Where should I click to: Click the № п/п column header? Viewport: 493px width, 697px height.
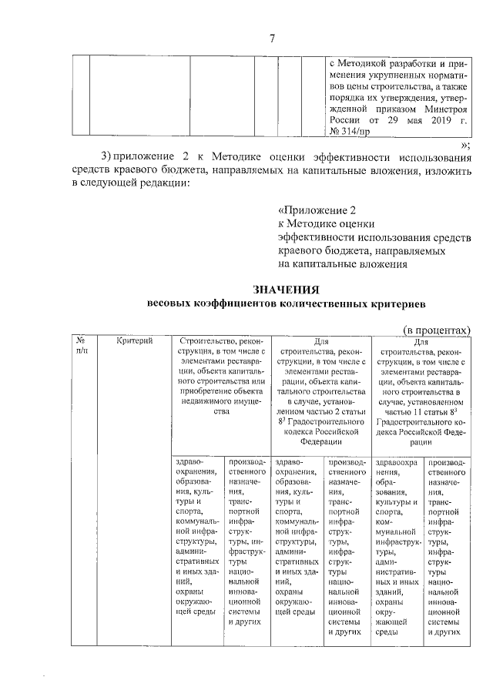click(82, 345)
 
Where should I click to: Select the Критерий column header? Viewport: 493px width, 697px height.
click(136, 340)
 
